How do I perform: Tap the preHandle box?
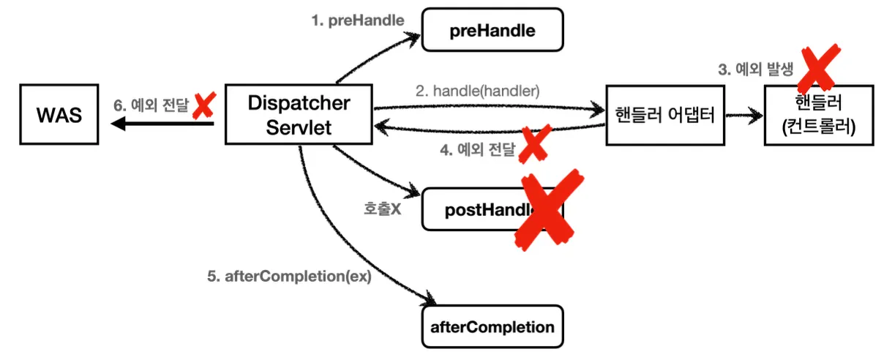492,31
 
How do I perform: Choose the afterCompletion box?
492,326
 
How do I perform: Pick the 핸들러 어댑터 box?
664,114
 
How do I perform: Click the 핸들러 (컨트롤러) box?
818,114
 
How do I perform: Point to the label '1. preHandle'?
357,20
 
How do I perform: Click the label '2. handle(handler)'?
477,91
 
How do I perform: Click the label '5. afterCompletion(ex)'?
289,278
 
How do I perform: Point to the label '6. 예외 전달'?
151,105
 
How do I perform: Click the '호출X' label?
382,209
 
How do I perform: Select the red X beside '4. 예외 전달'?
533,145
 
